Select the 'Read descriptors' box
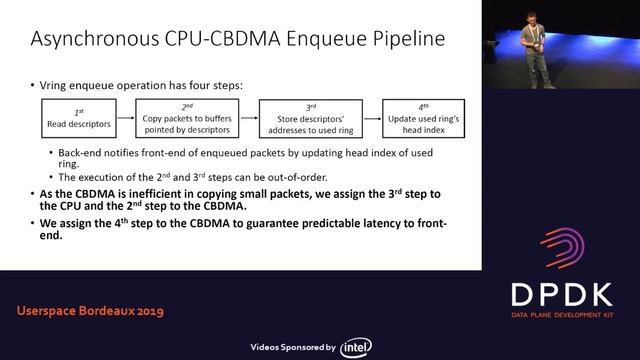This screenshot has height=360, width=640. pos(75,118)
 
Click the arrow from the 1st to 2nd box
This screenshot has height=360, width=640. pos(126,119)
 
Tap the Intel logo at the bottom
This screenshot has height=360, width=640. pos(357,347)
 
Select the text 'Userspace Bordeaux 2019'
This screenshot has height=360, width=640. pos(90,311)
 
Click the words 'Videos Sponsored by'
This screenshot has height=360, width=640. pos(292,347)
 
